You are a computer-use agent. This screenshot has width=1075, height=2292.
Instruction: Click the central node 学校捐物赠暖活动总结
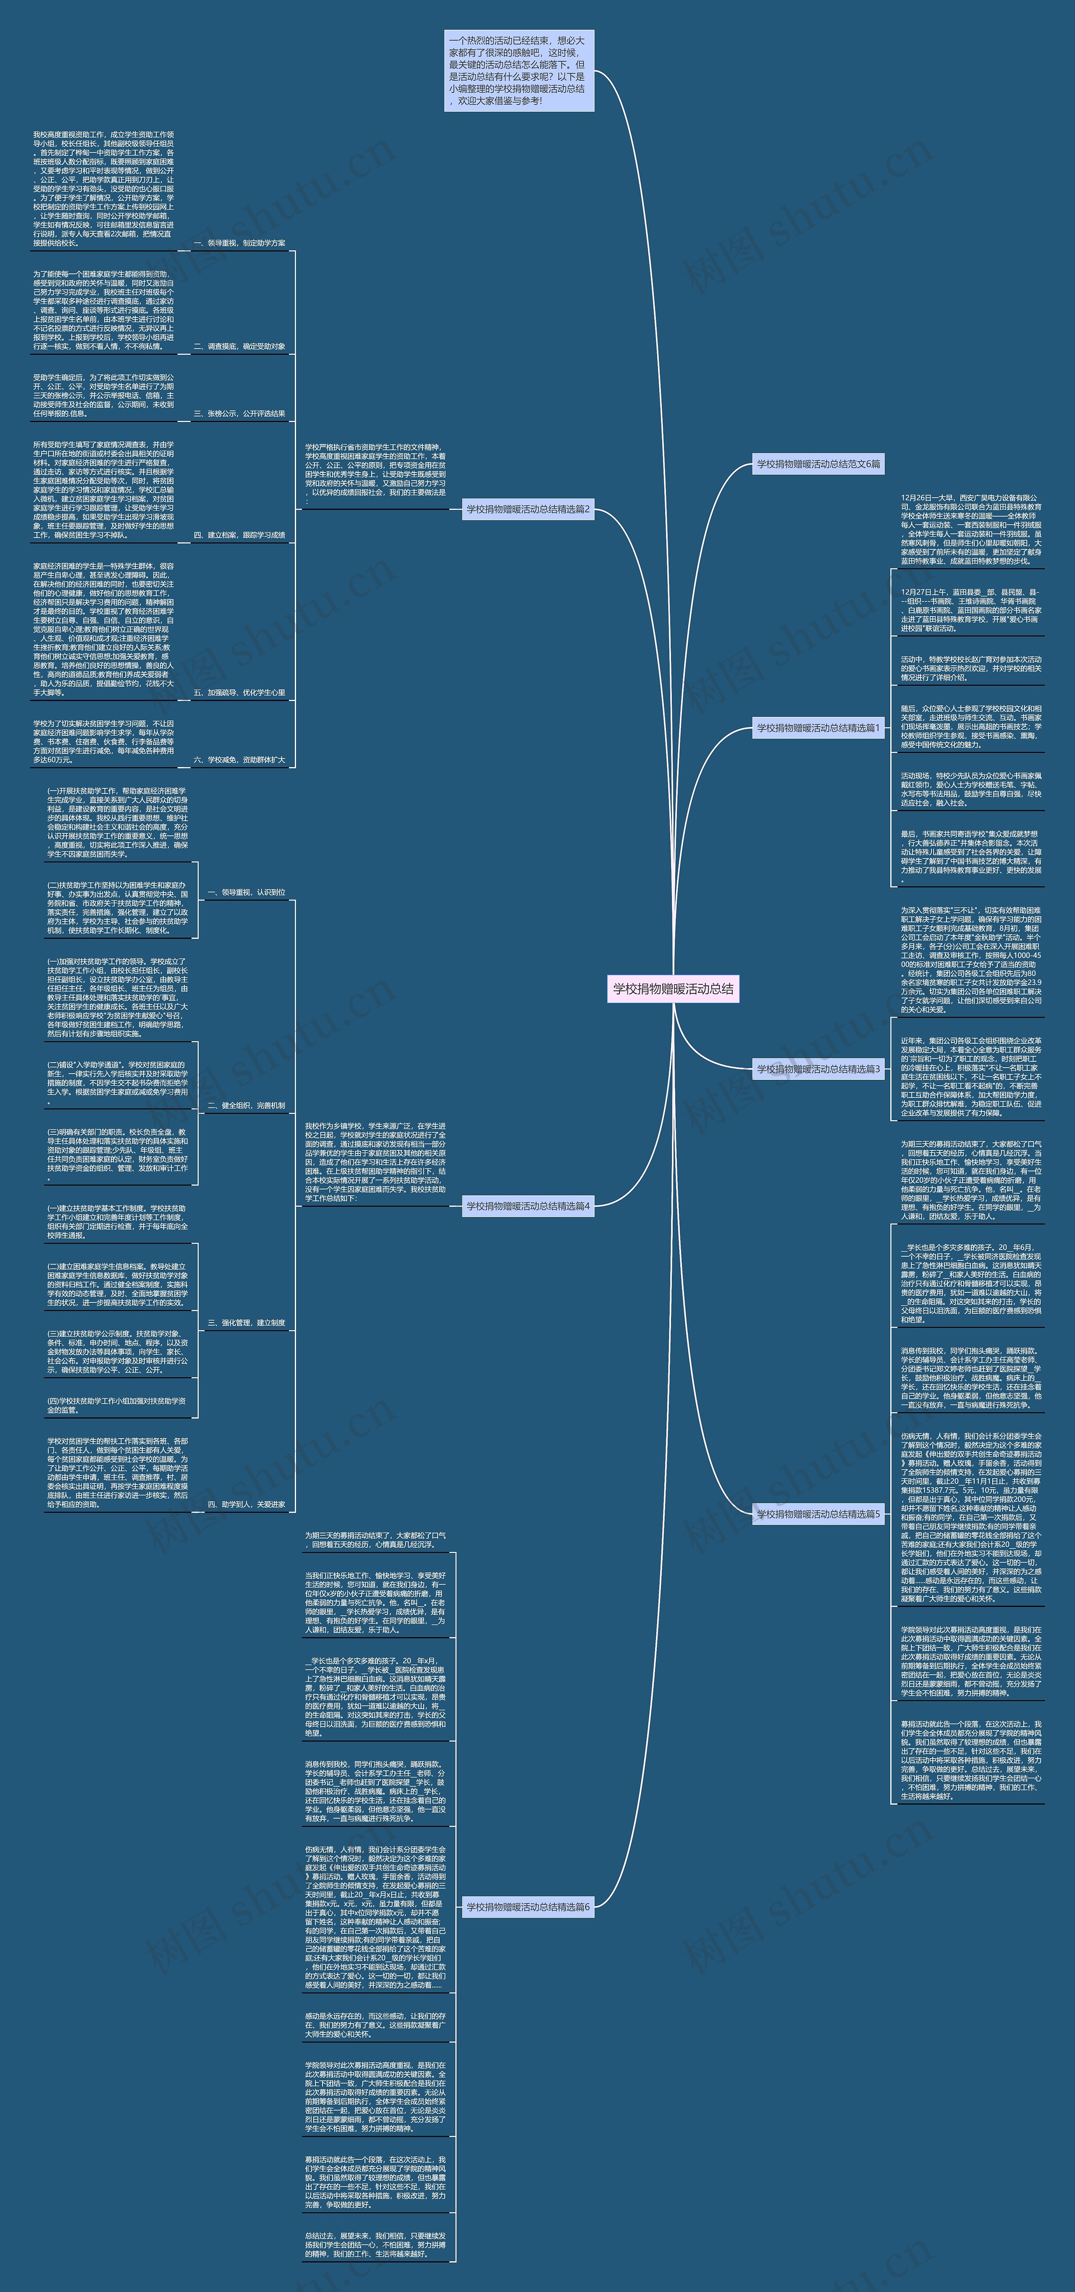coord(673,989)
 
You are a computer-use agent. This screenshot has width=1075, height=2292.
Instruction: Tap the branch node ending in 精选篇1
coord(818,728)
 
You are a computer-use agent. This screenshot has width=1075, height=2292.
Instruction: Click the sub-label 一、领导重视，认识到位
coord(246,892)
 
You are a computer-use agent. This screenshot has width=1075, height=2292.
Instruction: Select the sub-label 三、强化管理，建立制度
coord(246,1323)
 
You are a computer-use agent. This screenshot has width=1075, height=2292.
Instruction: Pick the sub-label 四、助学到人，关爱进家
coord(246,1504)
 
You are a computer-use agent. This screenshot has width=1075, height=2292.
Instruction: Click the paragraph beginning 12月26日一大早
coord(970,529)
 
